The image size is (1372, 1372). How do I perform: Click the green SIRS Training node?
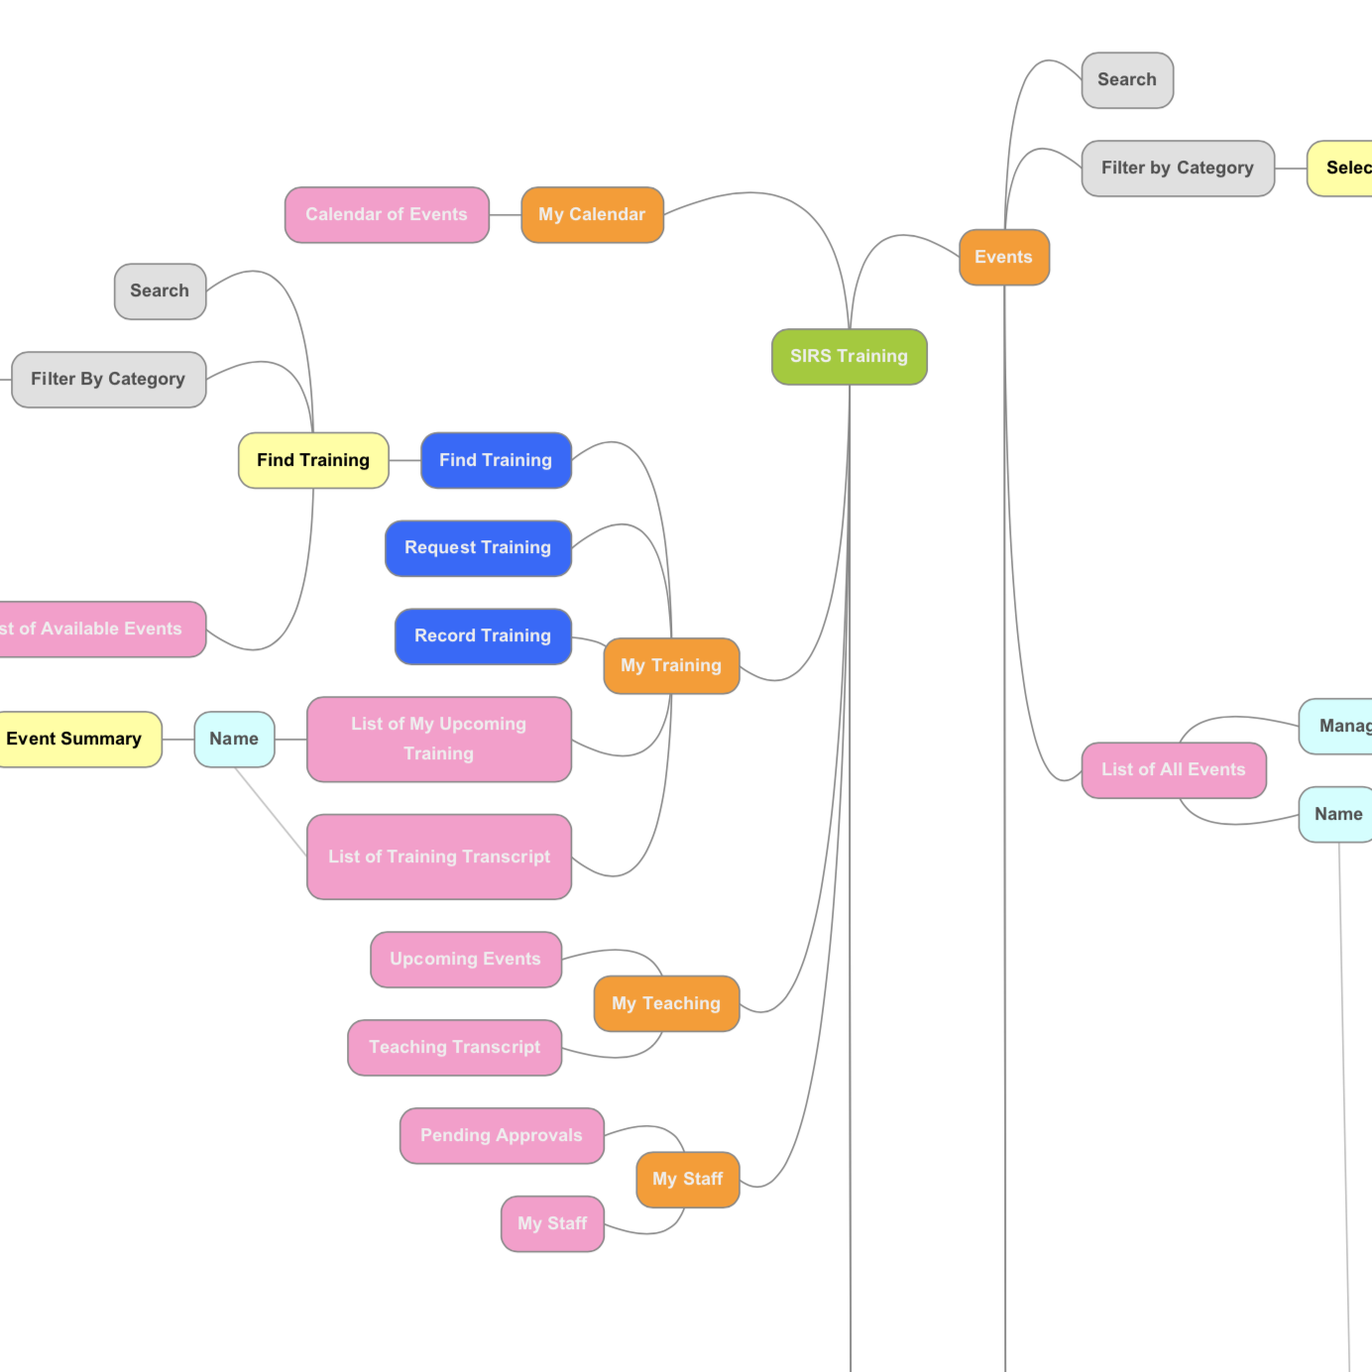(849, 357)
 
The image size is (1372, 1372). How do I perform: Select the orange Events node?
(1003, 258)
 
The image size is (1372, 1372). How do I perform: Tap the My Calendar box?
(592, 215)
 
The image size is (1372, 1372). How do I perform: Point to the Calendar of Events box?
(387, 215)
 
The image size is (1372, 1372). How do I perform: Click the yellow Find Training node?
(313, 461)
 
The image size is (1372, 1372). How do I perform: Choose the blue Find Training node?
(496, 461)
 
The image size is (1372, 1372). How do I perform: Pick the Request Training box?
(478, 548)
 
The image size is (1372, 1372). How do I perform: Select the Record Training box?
(483, 636)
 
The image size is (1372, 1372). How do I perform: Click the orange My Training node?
(671, 666)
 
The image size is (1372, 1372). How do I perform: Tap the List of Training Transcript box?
(439, 857)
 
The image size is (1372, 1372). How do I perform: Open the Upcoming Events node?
(465, 960)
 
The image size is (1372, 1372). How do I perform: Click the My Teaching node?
(666, 1004)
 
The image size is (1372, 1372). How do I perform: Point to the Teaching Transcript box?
(454, 1048)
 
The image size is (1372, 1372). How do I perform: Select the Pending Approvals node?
(502, 1136)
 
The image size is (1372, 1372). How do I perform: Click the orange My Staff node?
(688, 1180)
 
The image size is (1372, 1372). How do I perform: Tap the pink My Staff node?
(552, 1224)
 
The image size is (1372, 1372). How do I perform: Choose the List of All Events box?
(1174, 770)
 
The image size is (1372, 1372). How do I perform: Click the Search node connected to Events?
(1127, 80)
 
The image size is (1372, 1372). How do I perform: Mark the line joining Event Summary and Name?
(178, 740)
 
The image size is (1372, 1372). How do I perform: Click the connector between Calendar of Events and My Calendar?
(505, 215)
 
